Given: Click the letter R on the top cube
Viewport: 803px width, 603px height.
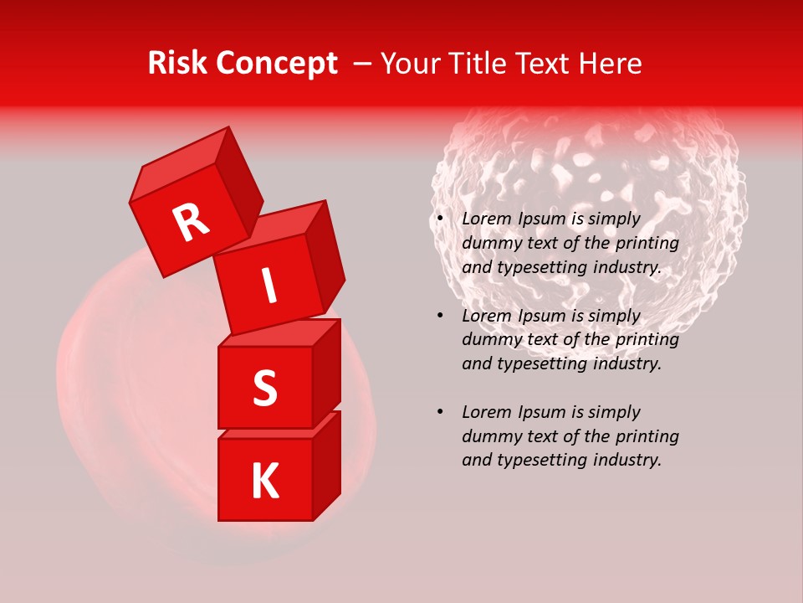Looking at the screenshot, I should [x=192, y=223].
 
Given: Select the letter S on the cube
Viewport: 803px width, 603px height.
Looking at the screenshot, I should [x=264, y=388].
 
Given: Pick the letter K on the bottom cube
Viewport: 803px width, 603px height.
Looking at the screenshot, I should [x=264, y=482].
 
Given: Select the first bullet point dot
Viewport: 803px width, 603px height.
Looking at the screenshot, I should [x=440, y=219].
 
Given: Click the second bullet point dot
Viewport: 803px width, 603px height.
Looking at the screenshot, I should [x=440, y=316].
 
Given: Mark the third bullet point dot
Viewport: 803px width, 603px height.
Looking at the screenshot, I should [x=440, y=412].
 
